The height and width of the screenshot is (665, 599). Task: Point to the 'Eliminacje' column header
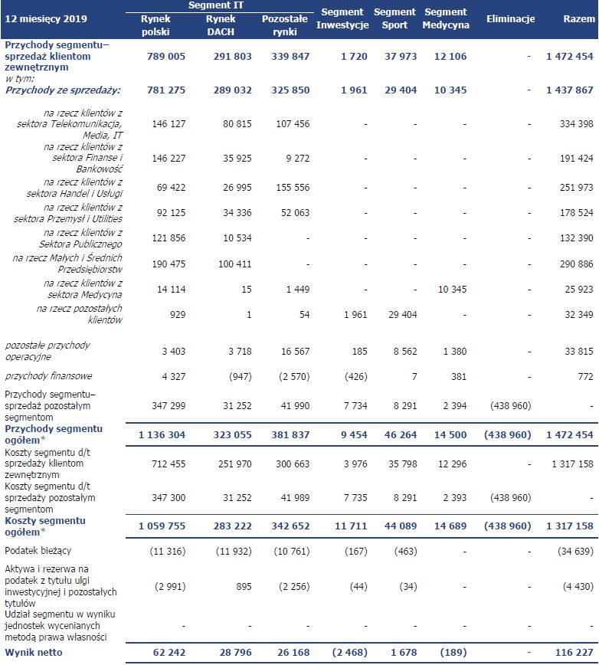[510, 18]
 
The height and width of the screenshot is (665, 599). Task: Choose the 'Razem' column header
[573, 18]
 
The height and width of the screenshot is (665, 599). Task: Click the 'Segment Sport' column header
[394, 18]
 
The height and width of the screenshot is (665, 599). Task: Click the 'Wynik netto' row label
[31, 652]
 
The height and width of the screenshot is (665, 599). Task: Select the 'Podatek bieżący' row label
[38, 551]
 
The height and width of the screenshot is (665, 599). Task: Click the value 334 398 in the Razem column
[575, 123]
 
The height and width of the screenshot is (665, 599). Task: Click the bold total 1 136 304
[162, 434]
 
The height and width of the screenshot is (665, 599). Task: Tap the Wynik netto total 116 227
[572, 652]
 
